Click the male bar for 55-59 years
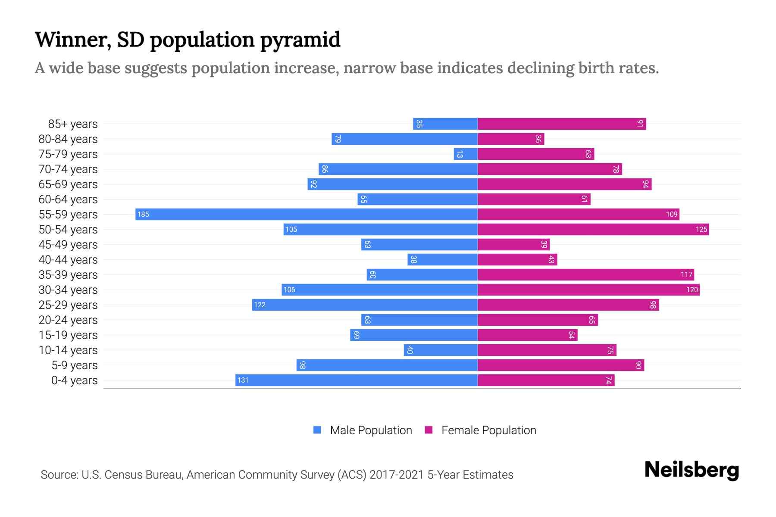click(306, 215)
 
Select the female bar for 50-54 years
click(593, 230)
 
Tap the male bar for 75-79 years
click(466, 154)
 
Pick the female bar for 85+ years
click(562, 124)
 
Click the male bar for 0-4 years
click(356, 380)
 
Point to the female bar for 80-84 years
click(511, 139)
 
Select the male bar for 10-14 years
click(441, 350)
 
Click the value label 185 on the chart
click(143, 215)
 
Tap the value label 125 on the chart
click(701, 230)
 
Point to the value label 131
click(243, 380)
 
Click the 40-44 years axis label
click(68, 260)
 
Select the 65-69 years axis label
click(68, 184)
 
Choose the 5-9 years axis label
click(74, 365)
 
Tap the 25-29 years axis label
click(68, 305)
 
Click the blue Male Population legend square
click(317, 430)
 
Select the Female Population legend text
click(488, 430)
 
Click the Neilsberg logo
click(692, 470)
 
